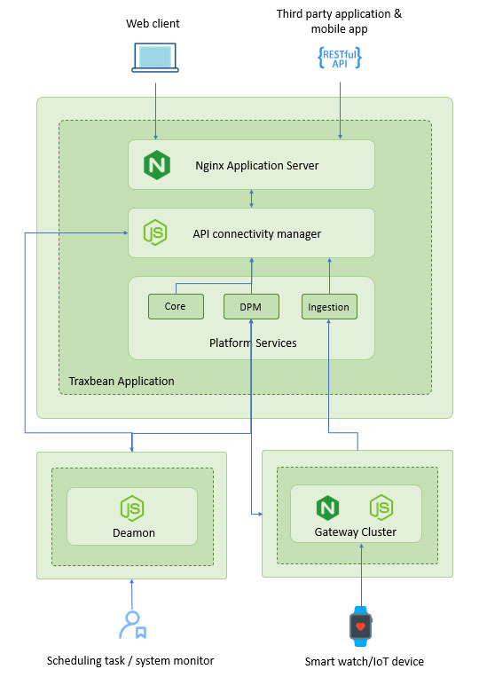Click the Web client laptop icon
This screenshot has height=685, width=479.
pos(155,57)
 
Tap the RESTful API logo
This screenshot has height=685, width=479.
pos(340,58)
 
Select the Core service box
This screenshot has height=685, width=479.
pos(176,306)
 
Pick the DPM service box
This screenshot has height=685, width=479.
pos(251,306)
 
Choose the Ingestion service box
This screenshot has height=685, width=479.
pos(329,306)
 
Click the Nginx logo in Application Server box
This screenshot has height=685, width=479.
pos(157,165)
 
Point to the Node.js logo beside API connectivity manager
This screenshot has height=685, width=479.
pos(155,232)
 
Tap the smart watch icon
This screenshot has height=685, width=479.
pos(360,626)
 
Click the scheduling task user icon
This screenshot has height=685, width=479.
pos(133,625)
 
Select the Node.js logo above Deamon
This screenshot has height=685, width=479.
pos(132,508)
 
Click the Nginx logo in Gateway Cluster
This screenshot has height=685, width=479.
pos(327,508)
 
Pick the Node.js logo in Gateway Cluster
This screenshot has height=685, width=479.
pos(381,508)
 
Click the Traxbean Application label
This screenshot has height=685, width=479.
pos(122,381)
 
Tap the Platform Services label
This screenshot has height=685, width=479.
pos(253,342)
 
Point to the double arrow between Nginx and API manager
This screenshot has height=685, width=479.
pos(251,199)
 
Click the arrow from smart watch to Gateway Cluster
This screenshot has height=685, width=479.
pos(361,575)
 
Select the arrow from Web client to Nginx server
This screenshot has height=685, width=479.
pos(155,112)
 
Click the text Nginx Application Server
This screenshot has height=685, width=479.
pos(256,166)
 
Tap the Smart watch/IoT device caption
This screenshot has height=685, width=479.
pos(365,661)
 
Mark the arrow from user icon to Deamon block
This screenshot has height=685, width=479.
pos(132,594)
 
